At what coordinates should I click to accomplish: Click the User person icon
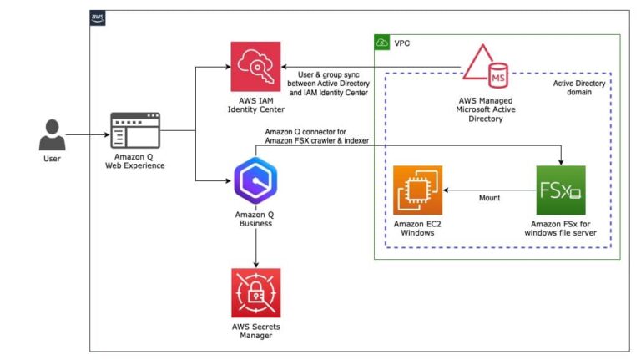(52, 134)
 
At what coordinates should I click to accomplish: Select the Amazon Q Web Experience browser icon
(135, 131)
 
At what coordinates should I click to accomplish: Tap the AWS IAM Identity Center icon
(255, 65)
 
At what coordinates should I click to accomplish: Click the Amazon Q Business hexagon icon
(255, 182)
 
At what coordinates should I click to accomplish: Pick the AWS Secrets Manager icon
(255, 292)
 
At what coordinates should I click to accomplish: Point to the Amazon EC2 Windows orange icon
(417, 190)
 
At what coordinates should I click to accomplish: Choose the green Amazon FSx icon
(561, 190)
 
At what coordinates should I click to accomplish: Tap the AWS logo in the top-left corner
(98, 18)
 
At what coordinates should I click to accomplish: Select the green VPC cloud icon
(382, 42)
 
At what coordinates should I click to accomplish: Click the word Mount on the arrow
(489, 200)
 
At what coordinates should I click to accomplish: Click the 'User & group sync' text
(327, 73)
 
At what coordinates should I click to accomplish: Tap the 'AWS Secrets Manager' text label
(255, 330)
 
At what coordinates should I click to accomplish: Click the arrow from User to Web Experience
(88, 134)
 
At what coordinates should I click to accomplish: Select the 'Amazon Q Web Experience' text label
(135, 160)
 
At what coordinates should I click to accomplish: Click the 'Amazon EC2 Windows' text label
(417, 228)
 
